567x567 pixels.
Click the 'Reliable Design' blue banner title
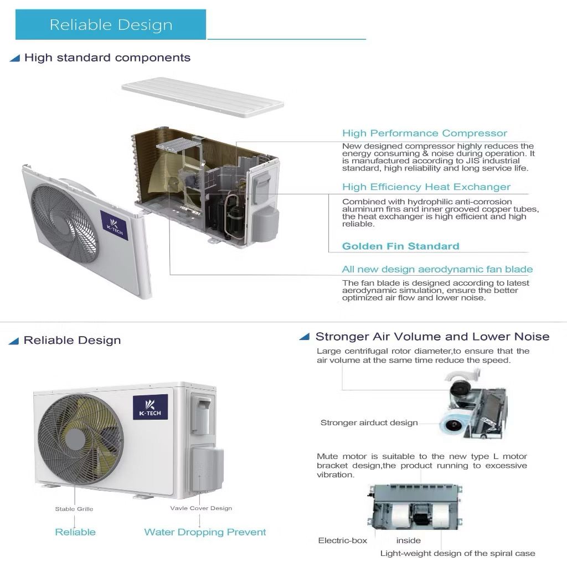[111, 25]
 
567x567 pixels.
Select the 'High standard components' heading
[107, 58]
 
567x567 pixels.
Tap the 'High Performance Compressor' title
[424, 133]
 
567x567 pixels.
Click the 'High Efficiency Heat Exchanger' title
[426, 187]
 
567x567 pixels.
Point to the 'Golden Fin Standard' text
[400, 246]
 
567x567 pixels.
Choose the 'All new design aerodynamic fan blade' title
[437, 270]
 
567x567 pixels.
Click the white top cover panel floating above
[202, 100]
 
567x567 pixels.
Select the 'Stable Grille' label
[74, 509]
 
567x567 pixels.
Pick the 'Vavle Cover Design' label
[201, 508]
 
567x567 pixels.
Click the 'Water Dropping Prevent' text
[205, 532]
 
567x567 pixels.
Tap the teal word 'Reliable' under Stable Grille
[75, 532]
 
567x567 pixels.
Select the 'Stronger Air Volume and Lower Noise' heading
[432, 337]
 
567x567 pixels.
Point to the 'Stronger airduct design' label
[369, 423]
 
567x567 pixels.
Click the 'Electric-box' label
[342, 540]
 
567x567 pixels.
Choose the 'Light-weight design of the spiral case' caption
[457, 553]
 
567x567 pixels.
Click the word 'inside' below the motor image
[408, 540]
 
